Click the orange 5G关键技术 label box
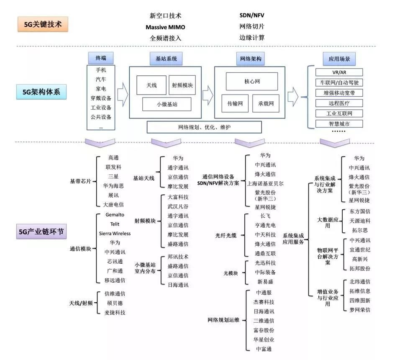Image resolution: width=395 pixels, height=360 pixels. click(x=43, y=24)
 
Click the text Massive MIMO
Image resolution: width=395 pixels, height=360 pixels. click(x=165, y=27)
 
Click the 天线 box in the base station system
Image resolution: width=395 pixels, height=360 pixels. click(x=151, y=85)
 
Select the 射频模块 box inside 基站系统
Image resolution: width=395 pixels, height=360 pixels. click(x=185, y=85)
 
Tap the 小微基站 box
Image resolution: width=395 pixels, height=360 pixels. click(x=167, y=104)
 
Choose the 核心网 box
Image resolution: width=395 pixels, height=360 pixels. click(x=252, y=82)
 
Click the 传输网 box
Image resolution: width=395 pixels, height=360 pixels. click(x=235, y=103)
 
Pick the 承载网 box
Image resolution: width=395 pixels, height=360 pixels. click(x=266, y=103)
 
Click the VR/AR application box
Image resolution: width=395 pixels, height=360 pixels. click(x=339, y=72)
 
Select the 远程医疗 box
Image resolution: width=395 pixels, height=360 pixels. click(x=339, y=103)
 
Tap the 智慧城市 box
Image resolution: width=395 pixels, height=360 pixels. click(x=339, y=123)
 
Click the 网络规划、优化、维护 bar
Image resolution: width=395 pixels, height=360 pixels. click(x=204, y=127)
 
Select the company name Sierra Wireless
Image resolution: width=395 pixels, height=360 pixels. click(x=115, y=234)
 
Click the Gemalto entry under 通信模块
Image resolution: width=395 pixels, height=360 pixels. click(x=115, y=215)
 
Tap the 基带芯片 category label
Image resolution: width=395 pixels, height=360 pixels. click(x=80, y=182)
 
